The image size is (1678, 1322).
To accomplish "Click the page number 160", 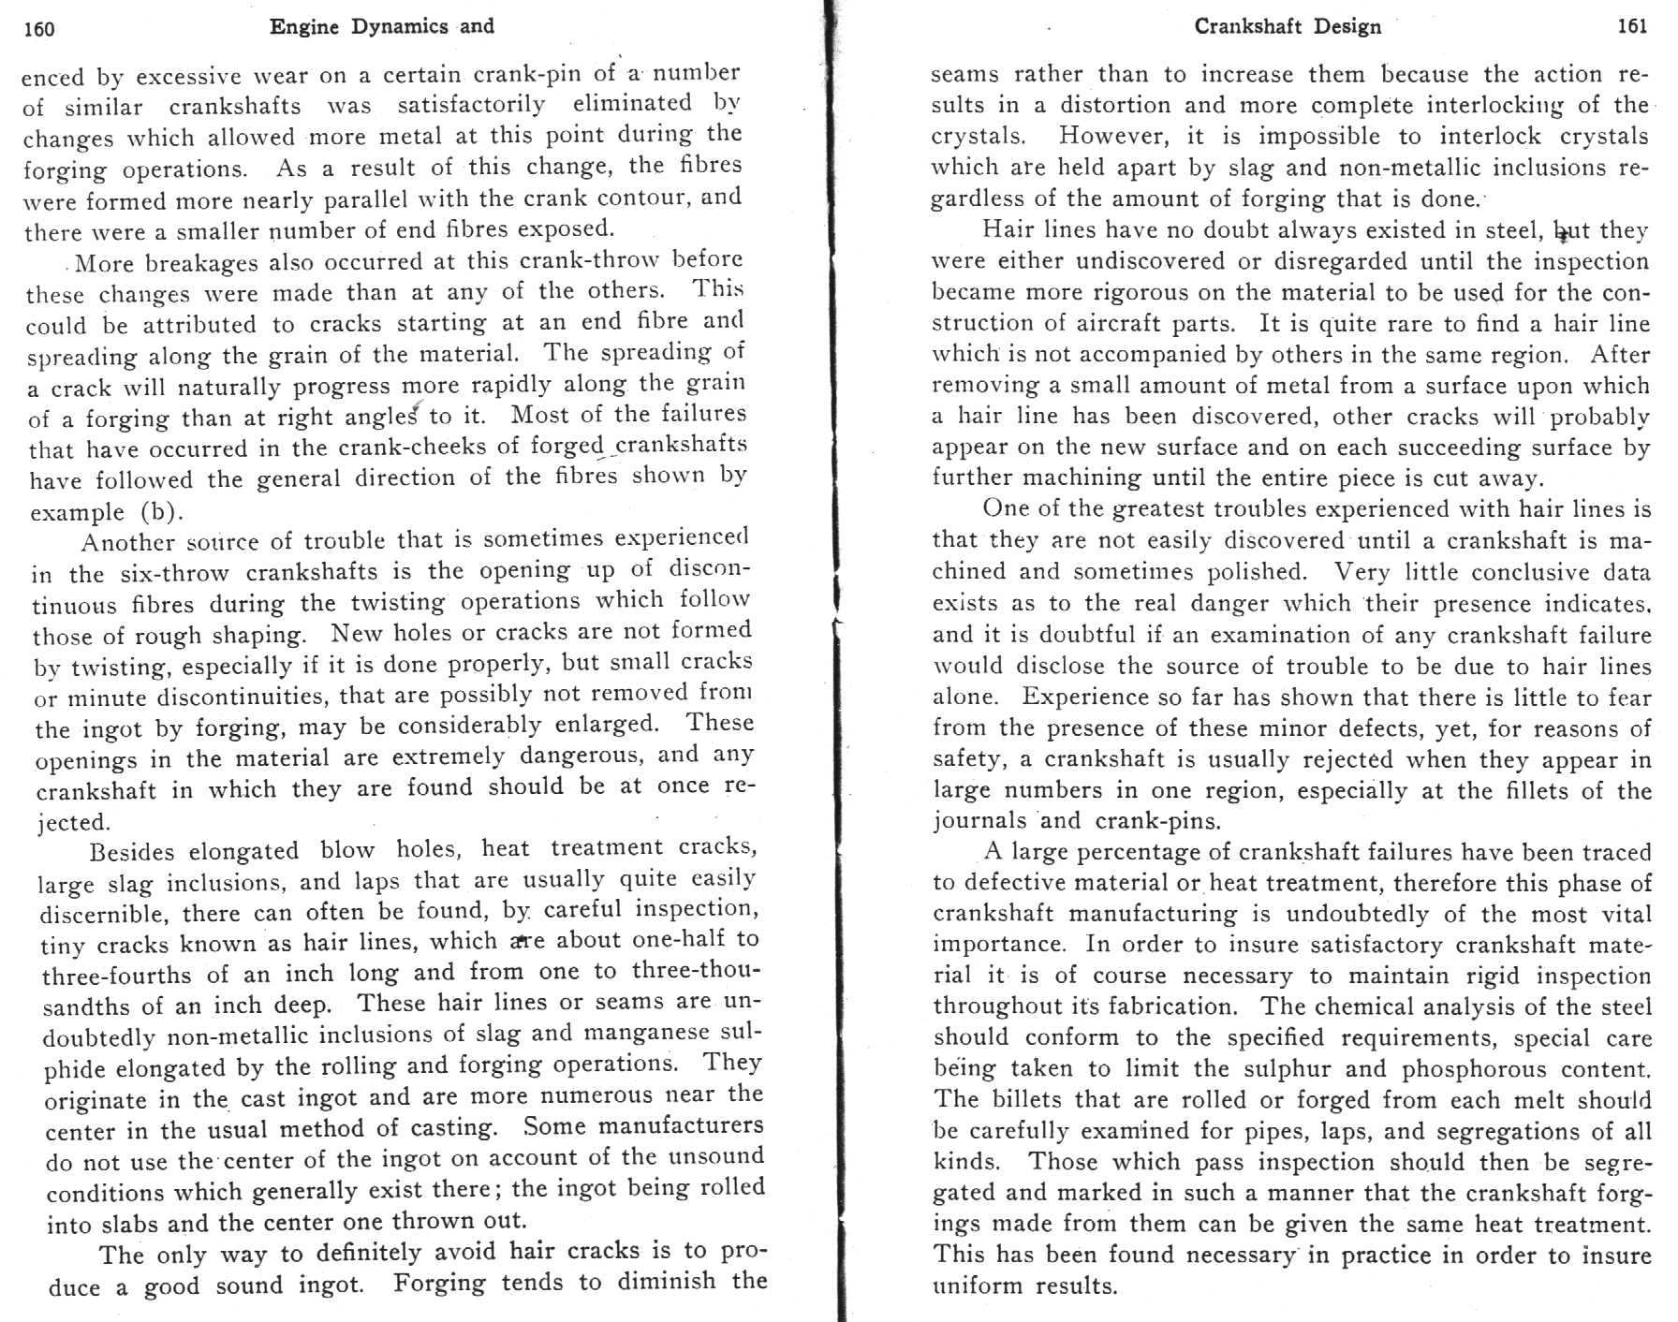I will coord(39,29).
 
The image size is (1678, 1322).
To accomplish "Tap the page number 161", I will coord(1632,26).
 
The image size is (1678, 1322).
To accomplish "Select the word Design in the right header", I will coord(1347,26).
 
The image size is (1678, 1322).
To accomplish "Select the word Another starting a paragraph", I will coord(128,542).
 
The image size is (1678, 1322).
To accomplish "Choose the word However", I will coord(1112,137).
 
